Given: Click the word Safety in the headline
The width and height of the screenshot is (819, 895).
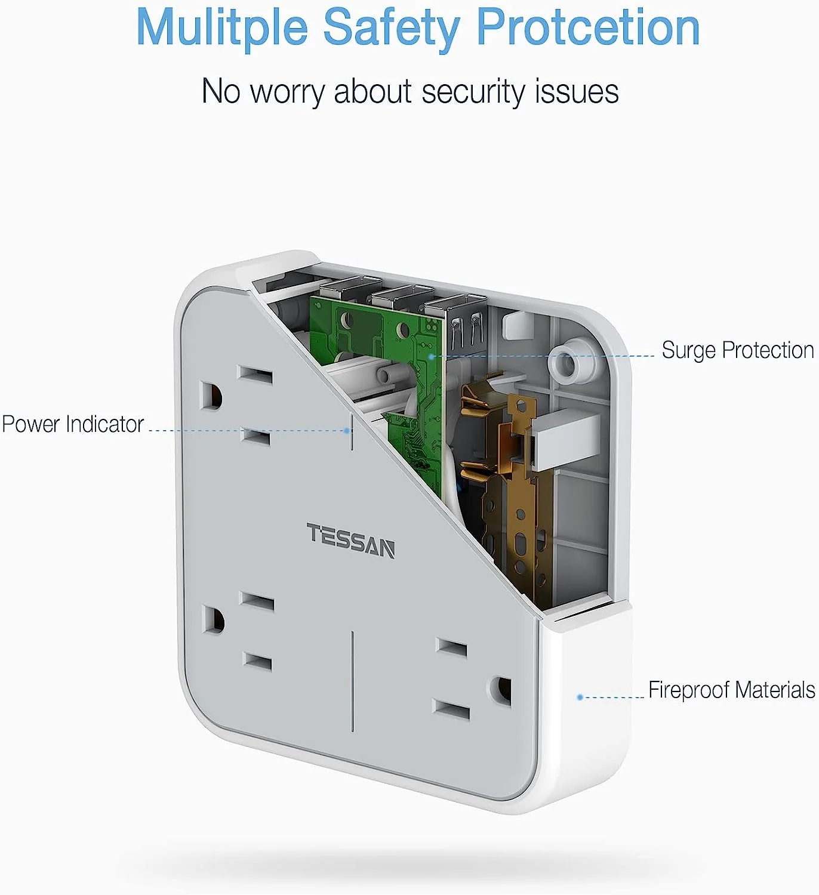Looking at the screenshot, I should (392, 27).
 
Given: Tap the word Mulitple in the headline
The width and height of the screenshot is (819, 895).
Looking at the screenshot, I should (221, 27).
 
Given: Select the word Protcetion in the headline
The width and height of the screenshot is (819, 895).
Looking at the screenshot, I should (587, 27).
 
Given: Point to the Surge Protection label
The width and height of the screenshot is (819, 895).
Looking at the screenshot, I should (737, 350).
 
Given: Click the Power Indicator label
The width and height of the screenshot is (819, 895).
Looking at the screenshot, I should (73, 424).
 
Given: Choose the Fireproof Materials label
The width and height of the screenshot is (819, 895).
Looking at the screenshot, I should (731, 690).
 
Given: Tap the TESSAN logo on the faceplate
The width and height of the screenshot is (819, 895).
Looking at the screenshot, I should (350, 541).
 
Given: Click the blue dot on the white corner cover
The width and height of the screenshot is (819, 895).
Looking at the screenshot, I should (580, 697).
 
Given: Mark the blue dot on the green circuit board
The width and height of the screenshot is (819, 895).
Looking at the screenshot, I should (432, 357).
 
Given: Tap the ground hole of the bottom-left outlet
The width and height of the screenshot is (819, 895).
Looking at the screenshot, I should (213, 621).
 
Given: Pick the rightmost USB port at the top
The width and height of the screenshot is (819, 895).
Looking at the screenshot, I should (460, 316).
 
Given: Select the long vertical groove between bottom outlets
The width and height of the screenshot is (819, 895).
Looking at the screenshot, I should (353, 680).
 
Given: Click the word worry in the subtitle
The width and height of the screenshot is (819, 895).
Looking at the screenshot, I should (288, 92).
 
